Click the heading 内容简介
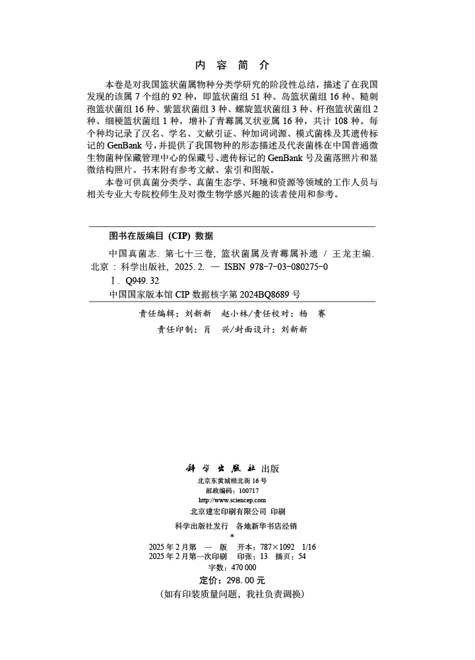[x=233, y=65]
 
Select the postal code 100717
[x=248, y=491]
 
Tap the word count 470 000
[x=241, y=567]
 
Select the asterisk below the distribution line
[x=232, y=536]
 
